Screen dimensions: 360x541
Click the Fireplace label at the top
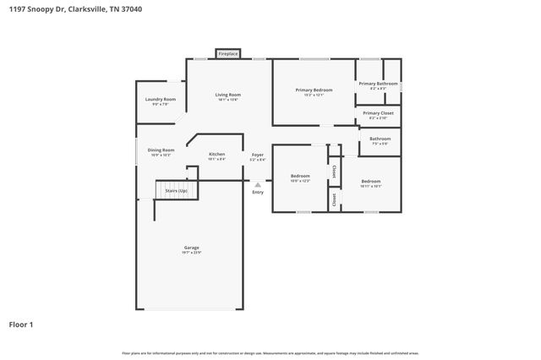pyautogui.click(x=228, y=54)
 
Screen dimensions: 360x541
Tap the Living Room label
pyautogui.click(x=227, y=95)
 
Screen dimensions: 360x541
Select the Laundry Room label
pyautogui.click(x=161, y=100)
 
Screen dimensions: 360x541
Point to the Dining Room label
pyautogui.click(x=161, y=150)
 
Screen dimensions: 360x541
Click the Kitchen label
pyautogui.click(x=217, y=154)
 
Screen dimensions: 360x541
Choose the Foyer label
pyautogui.click(x=258, y=155)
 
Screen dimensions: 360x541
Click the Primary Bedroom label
pyautogui.click(x=314, y=90)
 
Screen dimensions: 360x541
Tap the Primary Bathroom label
pyautogui.click(x=378, y=84)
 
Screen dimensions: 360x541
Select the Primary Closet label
pyautogui.click(x=378, y=113)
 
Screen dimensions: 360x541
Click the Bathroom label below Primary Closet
pyautogui.click(x=380, y=139)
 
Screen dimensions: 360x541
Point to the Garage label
pyautogui.click(x=192, y=248)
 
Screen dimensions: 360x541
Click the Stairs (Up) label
pyautogui.click(x=177, y=191)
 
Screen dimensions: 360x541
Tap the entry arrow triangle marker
pyautogui.click(x=258, y=183)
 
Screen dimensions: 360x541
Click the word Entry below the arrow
pyautogui.click(x=258, y=192)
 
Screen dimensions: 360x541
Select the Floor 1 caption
pyautogui.click(x=22, y=324)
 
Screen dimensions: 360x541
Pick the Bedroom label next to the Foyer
pyautogui.click(x=301, y=177)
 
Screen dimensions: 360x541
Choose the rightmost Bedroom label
pyautogui.click(x=371, y=182)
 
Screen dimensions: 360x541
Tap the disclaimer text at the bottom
pyautogui.click(x=270, y=352)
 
